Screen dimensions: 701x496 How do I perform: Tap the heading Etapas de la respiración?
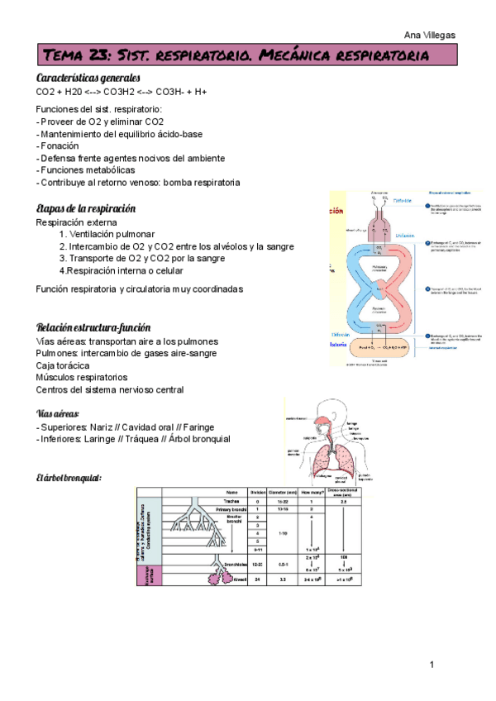coord(86,208)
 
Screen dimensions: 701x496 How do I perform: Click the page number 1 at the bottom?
coord(432,665)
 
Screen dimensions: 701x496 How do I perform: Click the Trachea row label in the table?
coord(231,501)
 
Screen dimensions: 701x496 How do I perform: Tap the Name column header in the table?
coord(231,492)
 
